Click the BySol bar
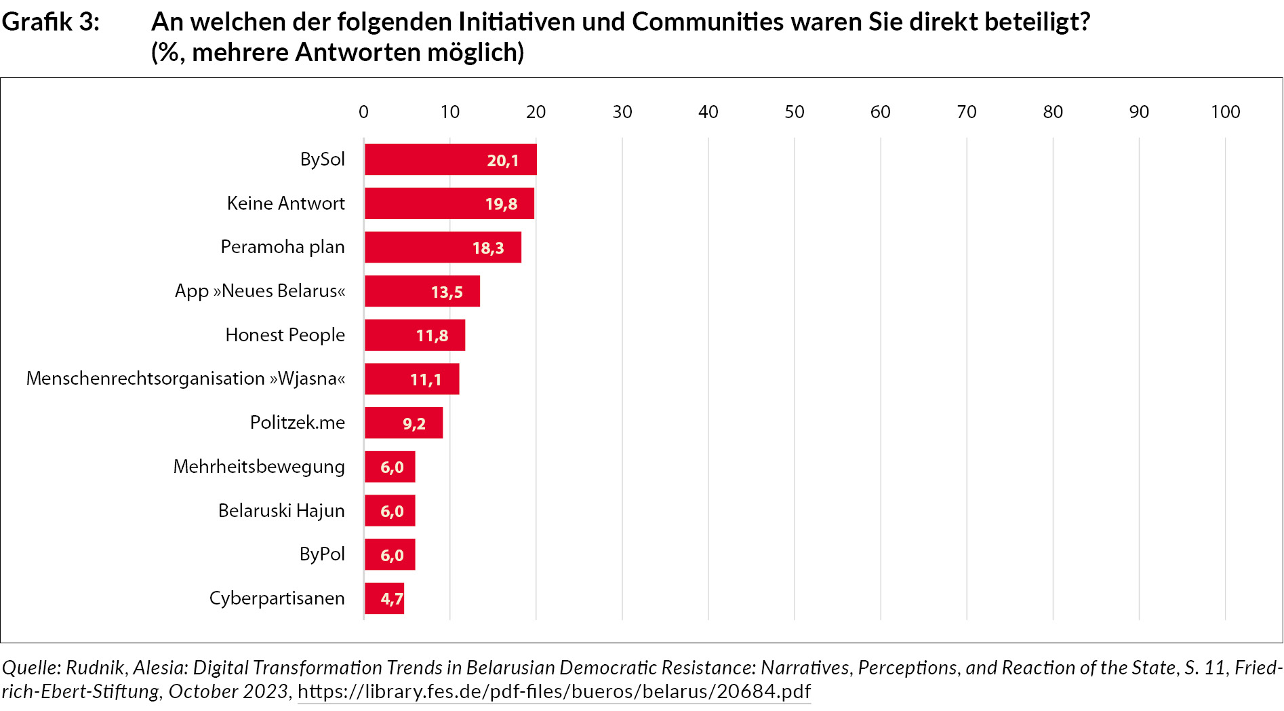450,159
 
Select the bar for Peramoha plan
443,247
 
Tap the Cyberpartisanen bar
384,598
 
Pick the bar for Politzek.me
403,423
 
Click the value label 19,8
501,204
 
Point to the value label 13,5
447,292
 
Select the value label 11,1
426,379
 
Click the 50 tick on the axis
794,112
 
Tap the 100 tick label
1225,112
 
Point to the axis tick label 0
363,112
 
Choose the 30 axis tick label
622,112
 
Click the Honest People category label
285,335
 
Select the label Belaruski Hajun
281,511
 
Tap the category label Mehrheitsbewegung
259,467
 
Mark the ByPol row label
322,554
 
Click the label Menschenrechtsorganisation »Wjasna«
186,379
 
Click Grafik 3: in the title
51,22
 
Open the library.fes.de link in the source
554,691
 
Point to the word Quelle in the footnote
31,668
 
